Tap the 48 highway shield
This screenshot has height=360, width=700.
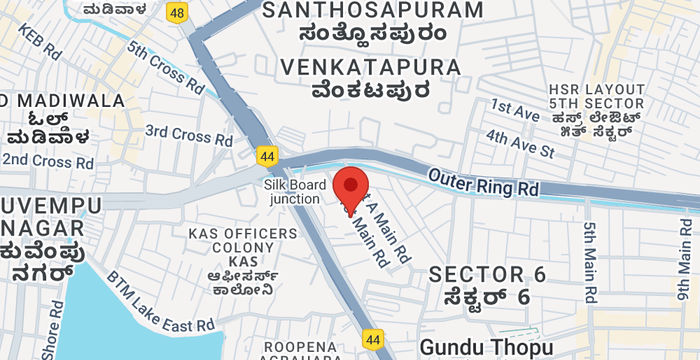pyautogui.click(x=178, y=12)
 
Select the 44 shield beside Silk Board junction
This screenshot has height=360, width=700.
pyautogui.click(x=267, y=157)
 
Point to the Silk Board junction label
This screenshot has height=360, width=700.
pyautogui.click(x=292, y=191)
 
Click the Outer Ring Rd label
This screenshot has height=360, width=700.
pyautogui.click(x=483, y=181)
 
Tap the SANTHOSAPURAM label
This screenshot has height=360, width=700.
pyautogui.click(x=371, y=11)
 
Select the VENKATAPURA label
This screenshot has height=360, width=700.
pyautogui.click(x=371, y=67)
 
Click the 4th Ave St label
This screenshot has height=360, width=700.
pyautogui.click(x=520, y=143)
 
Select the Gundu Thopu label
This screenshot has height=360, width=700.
pyautogui.click(x=486, y=347)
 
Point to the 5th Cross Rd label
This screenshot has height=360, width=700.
pyautogui.click(x=166, y=71)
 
